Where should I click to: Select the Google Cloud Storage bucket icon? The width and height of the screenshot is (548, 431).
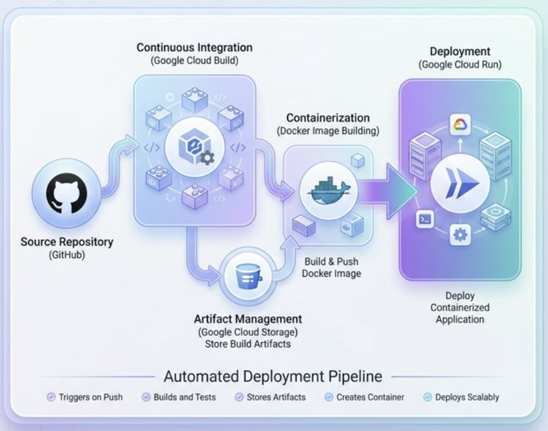[244, 277]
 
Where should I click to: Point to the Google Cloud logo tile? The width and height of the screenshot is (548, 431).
[460, 124]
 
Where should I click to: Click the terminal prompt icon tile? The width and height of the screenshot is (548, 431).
[424, 219]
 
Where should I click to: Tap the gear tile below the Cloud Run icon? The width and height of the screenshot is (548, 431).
[460, 235]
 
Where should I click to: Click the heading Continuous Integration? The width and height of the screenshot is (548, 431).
[194, 47]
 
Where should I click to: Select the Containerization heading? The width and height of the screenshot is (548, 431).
[328, 118]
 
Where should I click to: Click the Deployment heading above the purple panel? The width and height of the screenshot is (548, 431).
[460, 52]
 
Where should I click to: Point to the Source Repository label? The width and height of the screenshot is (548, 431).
[67, 242]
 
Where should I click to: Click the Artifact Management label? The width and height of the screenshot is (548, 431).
[247, 319]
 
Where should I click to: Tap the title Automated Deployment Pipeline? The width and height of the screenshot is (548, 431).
[273, 377]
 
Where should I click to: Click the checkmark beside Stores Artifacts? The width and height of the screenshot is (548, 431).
[239, 397]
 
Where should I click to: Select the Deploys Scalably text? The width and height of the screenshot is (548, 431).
[467, 397]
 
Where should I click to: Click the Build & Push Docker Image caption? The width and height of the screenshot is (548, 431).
[331, 268]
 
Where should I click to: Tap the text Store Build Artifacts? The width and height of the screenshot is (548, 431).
[247, 344]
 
